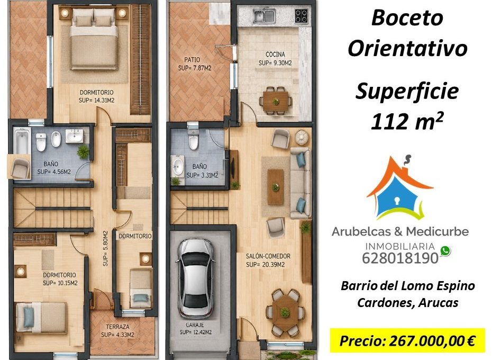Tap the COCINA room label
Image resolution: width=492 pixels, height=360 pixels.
tap(275, 55)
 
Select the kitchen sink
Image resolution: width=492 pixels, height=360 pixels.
tap(265, 16)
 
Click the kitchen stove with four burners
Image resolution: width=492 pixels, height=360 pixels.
tap(301, 16)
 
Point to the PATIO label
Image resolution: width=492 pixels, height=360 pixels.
tap(192, 60)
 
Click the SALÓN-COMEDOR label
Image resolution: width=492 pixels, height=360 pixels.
tap(268, 256)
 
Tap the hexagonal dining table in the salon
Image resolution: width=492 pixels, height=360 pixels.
tap(285, 312)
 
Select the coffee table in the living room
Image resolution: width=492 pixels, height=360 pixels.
tap(275, 186)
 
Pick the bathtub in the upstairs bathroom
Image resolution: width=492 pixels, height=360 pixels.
tap(22, 141)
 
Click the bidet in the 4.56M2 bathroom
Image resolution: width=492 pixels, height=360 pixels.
tap(56, 139)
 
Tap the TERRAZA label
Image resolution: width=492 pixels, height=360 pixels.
tap(117, 327)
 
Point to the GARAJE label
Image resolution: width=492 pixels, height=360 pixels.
tap(195, 325)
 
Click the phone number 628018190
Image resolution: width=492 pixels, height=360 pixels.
tap(400, 258)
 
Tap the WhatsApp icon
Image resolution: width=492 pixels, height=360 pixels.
tap(445, 251)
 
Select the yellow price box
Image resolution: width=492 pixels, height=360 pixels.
tap(407, 340)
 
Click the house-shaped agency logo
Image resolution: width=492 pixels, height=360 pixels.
tap(400, 187)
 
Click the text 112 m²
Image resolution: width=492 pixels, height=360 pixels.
tap(407, 122)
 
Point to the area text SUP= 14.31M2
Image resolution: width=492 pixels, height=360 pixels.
tap(96, 101)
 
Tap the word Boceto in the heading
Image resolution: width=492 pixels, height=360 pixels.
tap(407, 17)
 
